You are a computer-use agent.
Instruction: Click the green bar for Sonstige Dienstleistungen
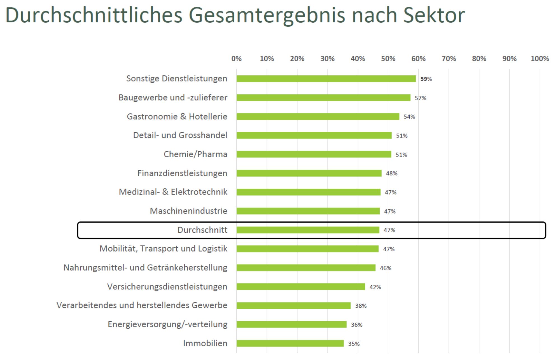tap(326, 79)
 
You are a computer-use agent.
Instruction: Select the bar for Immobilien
tap(290, 343)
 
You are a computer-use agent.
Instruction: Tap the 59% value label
tap(426, 79)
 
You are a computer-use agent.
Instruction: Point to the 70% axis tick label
tap(449, 59)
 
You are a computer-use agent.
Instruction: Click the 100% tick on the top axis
tap(540, 59)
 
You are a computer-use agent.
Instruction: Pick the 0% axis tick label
tap(236, 59)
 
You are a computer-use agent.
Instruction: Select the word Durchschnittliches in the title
tap(94, 15)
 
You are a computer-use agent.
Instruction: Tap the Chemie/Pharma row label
tap(195, 154)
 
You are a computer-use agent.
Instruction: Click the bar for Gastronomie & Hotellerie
tap(318, 116)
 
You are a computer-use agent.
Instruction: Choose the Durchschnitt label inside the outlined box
tap(202, 230)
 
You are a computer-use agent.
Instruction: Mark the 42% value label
tap(375, 287)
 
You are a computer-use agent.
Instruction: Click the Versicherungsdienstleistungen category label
tap(167, 287)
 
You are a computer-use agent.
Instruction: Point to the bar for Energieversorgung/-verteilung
tap(291, 324)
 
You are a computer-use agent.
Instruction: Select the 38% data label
tap(361, 306)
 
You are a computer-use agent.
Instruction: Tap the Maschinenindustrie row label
tap(188, 211)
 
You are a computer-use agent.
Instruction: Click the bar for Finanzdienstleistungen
tap(309, 173)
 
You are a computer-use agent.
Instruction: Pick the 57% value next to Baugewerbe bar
tap(420, 98)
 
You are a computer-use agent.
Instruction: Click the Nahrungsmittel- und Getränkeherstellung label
tap(145, 268)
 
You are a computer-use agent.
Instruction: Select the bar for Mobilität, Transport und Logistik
tap(307, 249)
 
